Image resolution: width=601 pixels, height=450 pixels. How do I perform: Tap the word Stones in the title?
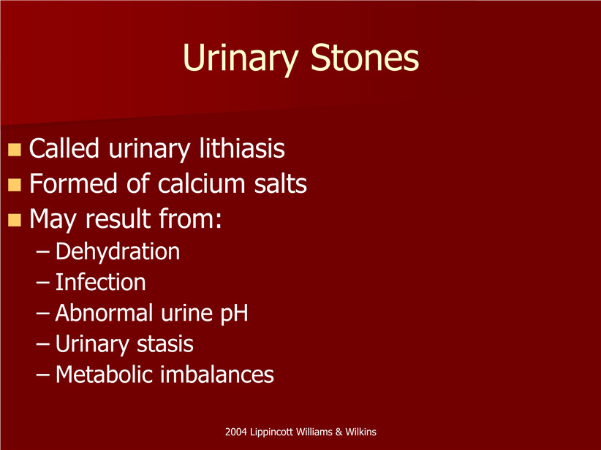click(365, 57)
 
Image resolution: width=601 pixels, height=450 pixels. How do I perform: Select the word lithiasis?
click(242, 148)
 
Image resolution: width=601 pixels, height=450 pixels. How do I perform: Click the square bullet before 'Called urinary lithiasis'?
click(14, 150)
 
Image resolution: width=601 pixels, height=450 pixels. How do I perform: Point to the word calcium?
click(201, 183)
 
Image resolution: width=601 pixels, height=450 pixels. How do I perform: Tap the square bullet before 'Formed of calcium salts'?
click(14, 185)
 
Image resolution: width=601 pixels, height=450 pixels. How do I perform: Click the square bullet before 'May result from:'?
click(14, 220)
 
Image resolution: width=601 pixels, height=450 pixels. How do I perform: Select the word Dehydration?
click(117, 251)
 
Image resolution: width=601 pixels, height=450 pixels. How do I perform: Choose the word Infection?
click(100, 282)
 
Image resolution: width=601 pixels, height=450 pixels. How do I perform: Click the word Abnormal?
click(105, 313)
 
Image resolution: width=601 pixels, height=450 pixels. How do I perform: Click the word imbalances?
click(217, 374)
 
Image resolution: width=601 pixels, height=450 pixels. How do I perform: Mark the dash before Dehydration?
click(42, 252)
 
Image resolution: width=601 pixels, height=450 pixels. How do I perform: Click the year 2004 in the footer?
click(235, 432)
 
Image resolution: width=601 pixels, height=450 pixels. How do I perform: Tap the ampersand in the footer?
click(339, 432)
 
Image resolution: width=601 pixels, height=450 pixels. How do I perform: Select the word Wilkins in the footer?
click(360, 432)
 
